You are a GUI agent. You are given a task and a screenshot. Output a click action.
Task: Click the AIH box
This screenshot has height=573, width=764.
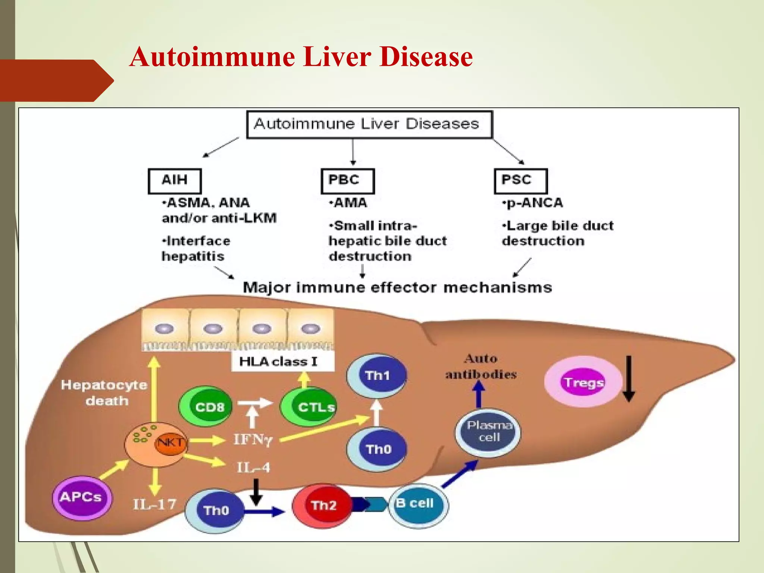pos(175,181)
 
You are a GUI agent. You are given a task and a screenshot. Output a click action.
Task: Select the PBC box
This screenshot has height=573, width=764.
pos(347,181)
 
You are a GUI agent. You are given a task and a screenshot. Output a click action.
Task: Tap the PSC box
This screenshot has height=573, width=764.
pos(520,181)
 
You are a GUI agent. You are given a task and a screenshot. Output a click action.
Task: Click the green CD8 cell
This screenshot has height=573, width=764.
pos(206,406)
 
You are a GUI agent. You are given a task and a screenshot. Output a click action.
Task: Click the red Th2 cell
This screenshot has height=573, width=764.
pos(322,505)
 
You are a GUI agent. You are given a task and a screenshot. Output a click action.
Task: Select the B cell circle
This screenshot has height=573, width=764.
pos(418,505)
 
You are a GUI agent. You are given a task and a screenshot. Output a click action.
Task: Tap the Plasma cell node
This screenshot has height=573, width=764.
pos(488,432)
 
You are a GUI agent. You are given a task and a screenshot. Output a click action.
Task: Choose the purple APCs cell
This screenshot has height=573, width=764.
pos(82,497)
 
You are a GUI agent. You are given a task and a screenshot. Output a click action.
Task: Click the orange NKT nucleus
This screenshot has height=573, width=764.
pos(170,443)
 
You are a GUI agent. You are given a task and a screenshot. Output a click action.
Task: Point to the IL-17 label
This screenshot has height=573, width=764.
pos(154,504)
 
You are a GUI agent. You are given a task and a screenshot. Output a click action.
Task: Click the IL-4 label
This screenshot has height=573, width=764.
pos(253,467)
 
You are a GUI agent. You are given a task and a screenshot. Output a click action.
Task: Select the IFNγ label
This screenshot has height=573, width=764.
pos(253,440)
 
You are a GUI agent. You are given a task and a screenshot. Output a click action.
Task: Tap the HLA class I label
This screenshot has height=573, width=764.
pos(279,361)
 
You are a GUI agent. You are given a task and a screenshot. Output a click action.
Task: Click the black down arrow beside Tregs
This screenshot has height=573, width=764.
pos(629,379)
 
